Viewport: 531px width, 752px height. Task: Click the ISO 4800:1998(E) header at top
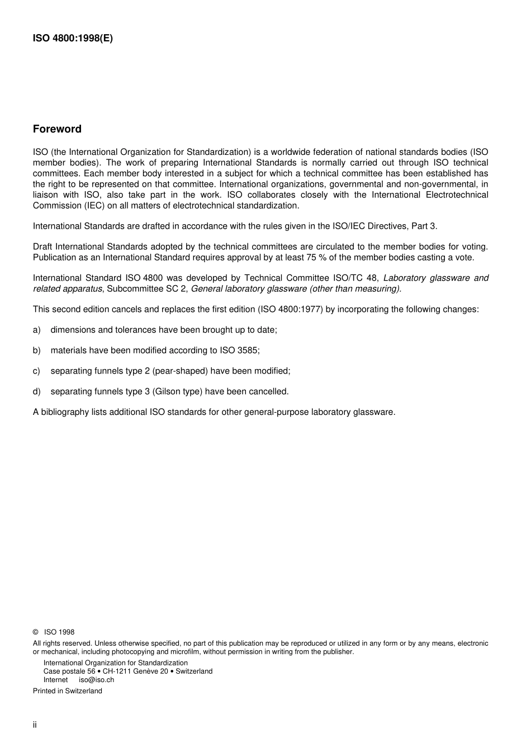tap(73, 39)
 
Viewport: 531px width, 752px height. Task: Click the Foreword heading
tap(57, 129)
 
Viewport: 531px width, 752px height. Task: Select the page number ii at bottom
tap(35, 725)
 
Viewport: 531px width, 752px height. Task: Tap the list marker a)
tap(37, 330)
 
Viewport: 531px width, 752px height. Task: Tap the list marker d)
tap(37, 391)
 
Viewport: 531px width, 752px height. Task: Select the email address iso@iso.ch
tap(96, 680)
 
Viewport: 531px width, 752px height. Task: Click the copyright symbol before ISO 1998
tap(36, 632)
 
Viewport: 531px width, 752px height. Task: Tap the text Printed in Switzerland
tap(68, 691)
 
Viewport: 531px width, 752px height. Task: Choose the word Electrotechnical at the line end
tap(457, 195)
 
